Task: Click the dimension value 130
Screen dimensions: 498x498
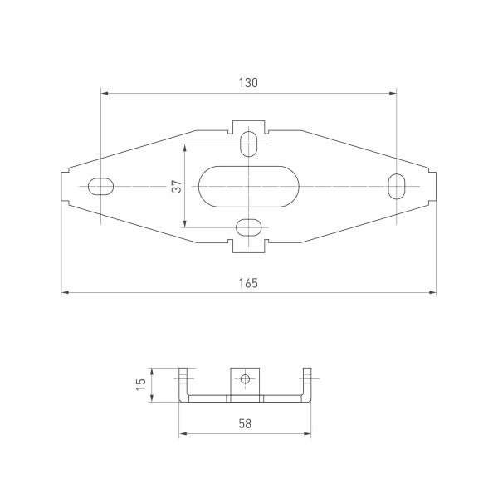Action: point(249,83)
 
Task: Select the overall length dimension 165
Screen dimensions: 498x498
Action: point(249,283)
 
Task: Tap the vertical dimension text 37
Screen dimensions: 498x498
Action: point(176,186)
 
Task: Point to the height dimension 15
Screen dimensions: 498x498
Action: point(141,383)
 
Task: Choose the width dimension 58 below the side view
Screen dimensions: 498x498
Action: point(245,423)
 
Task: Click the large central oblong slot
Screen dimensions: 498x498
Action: point(249,186)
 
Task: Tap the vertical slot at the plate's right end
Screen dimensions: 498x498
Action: point(398,186)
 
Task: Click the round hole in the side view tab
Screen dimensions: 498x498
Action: point(245,379)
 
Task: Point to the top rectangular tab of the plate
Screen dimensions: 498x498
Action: point(249,125)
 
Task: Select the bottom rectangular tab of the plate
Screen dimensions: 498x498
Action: point(249,247)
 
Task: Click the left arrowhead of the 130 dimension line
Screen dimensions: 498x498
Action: point(104,93)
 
